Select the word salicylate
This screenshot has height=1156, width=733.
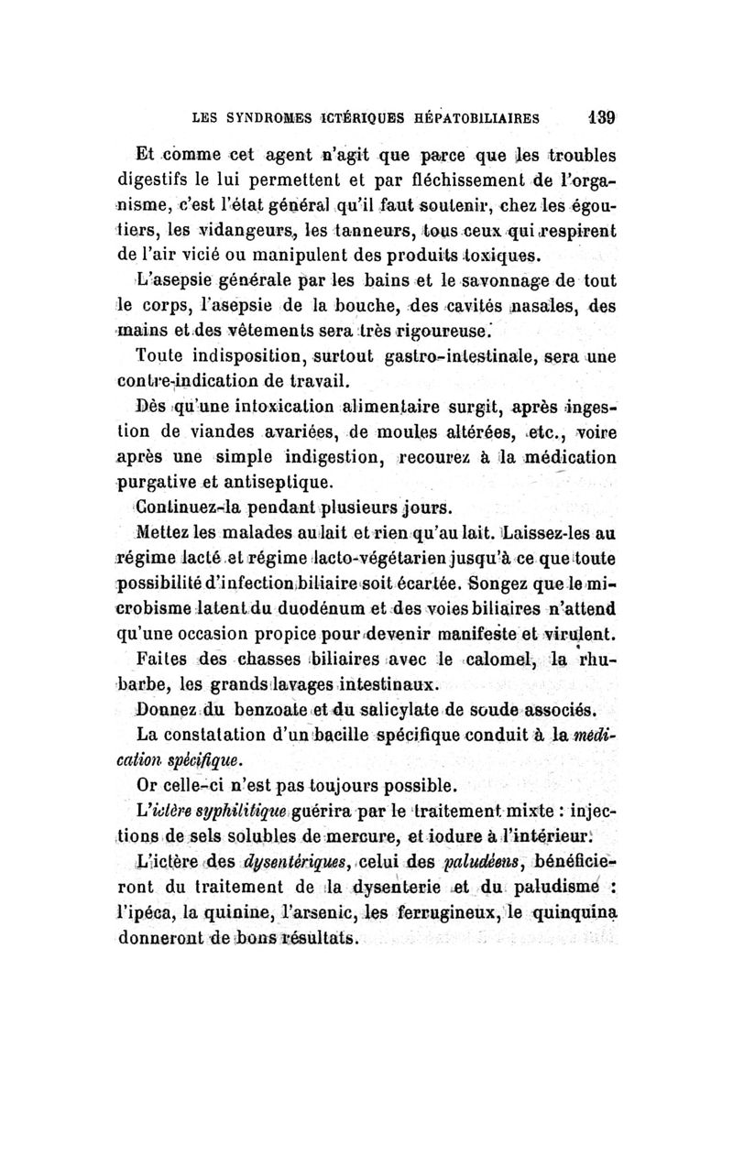[x=421, y=709]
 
